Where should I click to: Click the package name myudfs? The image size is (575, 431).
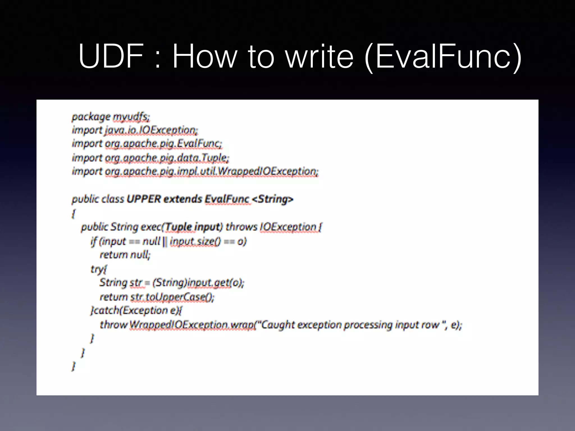131,117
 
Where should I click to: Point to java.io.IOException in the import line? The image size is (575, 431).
151,130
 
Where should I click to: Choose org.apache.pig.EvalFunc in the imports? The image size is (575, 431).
163,144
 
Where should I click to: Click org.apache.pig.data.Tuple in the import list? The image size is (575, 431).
167,158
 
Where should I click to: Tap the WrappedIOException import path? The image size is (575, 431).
212,171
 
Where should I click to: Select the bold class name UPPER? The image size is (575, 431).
143,199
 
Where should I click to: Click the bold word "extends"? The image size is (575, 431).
183,199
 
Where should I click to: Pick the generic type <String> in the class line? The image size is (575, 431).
273,199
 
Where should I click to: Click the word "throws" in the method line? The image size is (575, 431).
241,227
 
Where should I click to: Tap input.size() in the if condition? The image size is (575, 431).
195,241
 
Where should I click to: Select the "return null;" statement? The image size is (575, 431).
125,255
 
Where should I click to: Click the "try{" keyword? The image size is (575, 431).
99,269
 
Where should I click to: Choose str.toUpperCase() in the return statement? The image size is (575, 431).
172,297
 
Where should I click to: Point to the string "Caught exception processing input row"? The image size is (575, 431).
350,325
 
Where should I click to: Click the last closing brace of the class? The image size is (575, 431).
74,366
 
